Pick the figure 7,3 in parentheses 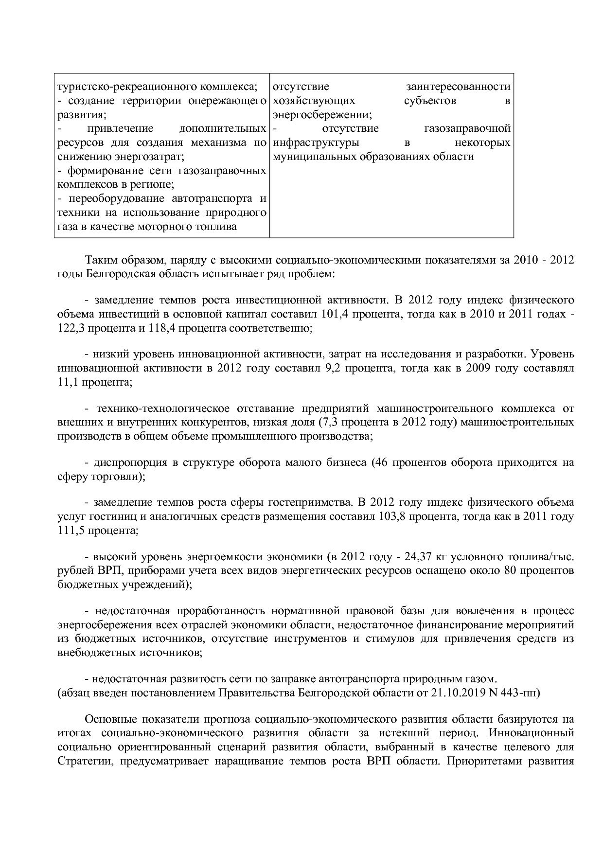[331, 422]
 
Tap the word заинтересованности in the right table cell [458, 87]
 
